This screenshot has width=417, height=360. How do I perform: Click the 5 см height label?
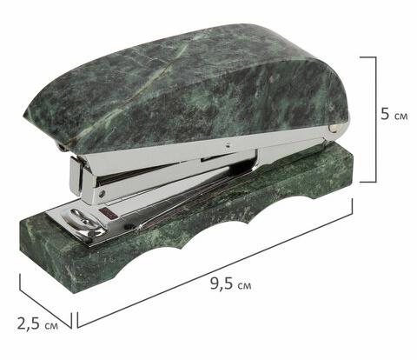(394, 114)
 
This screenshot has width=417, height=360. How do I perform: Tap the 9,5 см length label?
(231, 283)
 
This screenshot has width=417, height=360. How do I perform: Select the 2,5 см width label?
(37, 323)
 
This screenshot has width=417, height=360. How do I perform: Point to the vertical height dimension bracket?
(375, 120)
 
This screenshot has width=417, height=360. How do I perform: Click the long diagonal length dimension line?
(215, 263)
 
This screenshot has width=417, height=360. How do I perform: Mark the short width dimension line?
(45, 302)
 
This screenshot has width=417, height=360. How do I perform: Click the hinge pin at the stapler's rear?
(334, 129)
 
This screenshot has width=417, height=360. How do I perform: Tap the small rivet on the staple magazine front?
(101, 194)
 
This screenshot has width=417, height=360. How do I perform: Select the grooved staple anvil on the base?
(84, 223)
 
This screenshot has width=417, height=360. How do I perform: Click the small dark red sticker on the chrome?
(108, 213)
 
